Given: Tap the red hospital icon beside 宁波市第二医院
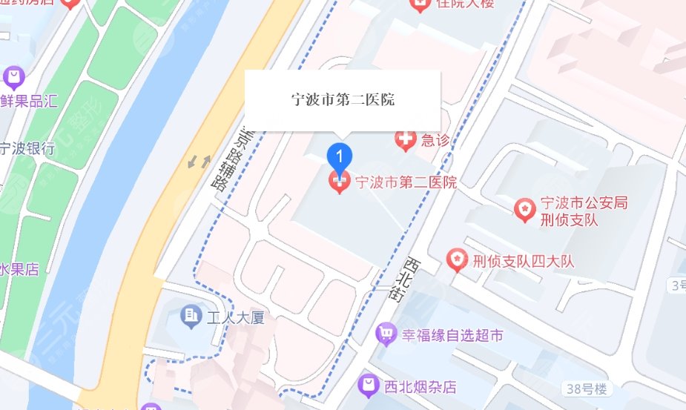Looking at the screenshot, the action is (x=340, y=182).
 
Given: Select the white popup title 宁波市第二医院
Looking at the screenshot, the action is (x=342, y=99).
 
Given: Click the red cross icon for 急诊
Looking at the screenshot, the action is (x=405, y=139).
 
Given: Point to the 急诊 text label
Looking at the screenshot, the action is (x=435, y=139).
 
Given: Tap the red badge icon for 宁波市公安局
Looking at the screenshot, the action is (x=525, y=210).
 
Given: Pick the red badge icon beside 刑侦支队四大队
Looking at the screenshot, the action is (x=457, y=260).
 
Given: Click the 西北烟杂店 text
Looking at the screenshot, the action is (x=420, y=386).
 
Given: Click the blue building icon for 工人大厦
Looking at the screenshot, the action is (x=191, y=317).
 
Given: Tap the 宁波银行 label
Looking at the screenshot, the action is (x=28, y=148).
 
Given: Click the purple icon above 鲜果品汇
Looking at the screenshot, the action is (x=13, y=76).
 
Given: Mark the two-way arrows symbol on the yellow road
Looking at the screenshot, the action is (x=199, y=160).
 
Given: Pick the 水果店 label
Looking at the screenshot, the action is (x=20, y=268).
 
